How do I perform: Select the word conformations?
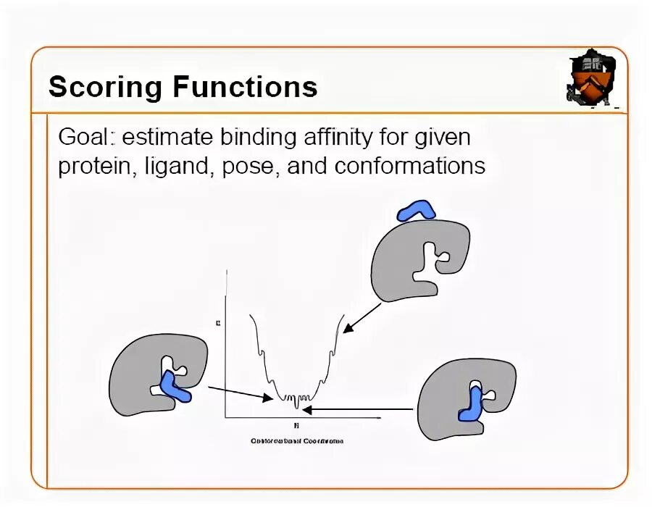[x=411, y=167]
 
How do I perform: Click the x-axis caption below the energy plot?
[x=296, y=440]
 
